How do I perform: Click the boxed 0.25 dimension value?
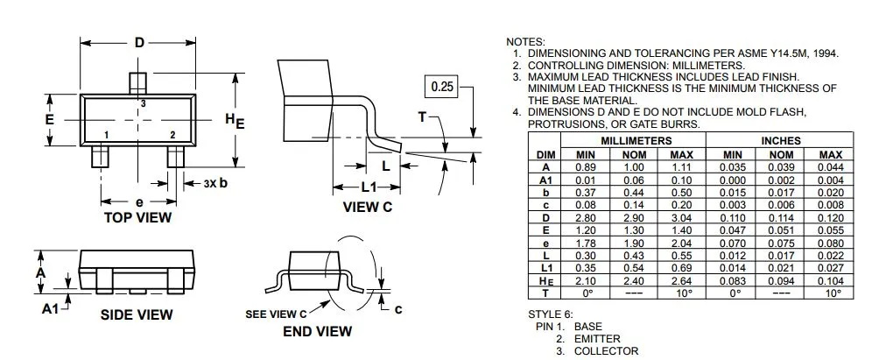click(x=442, y=88)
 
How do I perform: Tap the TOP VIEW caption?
click(x=138, y=217)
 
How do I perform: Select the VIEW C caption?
click(x=368, y=207)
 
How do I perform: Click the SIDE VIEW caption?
click(x=137, y=315)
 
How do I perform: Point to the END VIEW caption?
click(x=317, y=331)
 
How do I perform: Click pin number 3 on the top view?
click(x=143, y=103)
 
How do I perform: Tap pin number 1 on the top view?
click(x=106, y=135)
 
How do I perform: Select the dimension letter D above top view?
click(x=139, y=43)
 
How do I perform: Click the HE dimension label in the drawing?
click(x=235, y=121)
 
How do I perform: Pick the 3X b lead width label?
click(x=216, y=183)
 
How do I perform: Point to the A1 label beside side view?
click(x=51, y=308)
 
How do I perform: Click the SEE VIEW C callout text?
click(x=277, y=314)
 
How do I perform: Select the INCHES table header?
click(x=781, y=141)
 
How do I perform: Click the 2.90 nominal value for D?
click(x=635, y=218)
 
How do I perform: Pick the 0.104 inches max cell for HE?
click(x=830, y=281)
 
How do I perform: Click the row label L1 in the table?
click(x=545, y=269)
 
